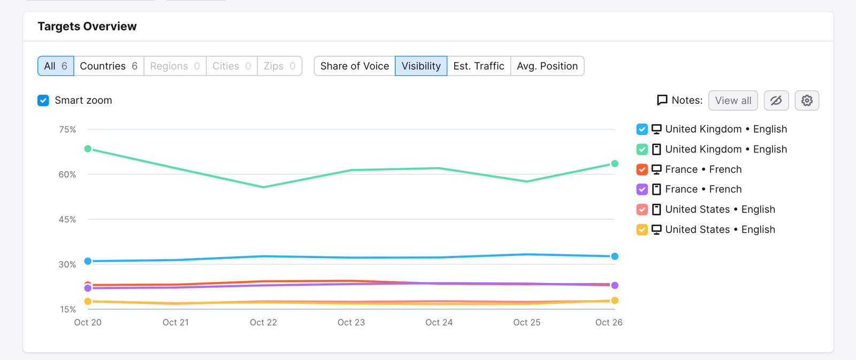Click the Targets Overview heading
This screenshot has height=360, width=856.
(87, 26)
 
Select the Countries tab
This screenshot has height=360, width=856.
(109, 66)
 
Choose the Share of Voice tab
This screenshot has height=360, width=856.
(355, 66)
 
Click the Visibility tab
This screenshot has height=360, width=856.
(421, 66)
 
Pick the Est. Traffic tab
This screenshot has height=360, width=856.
(479, 66)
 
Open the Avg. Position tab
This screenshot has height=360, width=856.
(547, 66)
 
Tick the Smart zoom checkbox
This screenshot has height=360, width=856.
(43, 101)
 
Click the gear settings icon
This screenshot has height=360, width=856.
(807, 101)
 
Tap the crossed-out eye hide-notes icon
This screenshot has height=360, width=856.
(776, 101)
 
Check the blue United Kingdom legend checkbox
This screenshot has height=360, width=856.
(642, 129)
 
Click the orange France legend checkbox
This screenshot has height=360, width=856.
(642, 169)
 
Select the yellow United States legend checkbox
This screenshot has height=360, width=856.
(642, 229)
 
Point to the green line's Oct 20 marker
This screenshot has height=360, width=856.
(88, 149)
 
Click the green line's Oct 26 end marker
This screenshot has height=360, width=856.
(615, 164)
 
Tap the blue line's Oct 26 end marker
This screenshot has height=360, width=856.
(615, 256)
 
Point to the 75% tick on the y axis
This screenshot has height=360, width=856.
(67, 129)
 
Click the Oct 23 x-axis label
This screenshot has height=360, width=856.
(351, 323)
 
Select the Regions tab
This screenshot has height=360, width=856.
(175, 66)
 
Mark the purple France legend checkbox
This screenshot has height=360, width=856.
(642, 189)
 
